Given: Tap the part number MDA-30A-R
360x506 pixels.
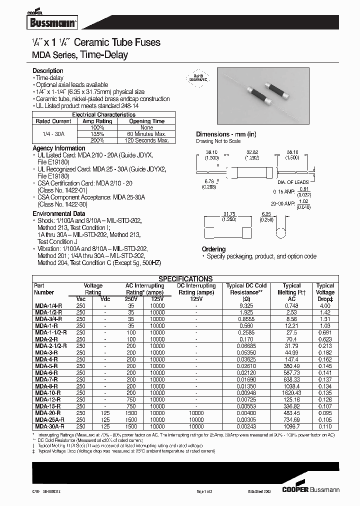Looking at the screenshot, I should pyautogui.click(x=49, y=426).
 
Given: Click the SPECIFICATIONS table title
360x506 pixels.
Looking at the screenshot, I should pyautogui.click(x=185, y=279).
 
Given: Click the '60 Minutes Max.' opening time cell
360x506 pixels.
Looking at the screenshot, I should pyautogui.click(x=146, y=134).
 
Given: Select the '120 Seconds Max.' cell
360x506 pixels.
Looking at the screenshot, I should pyautogui.click(x=146, y=140).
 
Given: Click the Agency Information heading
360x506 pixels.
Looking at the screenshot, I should pyautogui.click(x=58, y=148).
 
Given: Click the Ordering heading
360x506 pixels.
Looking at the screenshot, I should pyautogui.click(x=213, y=249).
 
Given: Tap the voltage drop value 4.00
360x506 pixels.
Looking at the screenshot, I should pyautogui.click(x=325, y=305).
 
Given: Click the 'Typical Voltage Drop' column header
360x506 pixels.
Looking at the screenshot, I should pyautogui.click(x=325, y=292).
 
